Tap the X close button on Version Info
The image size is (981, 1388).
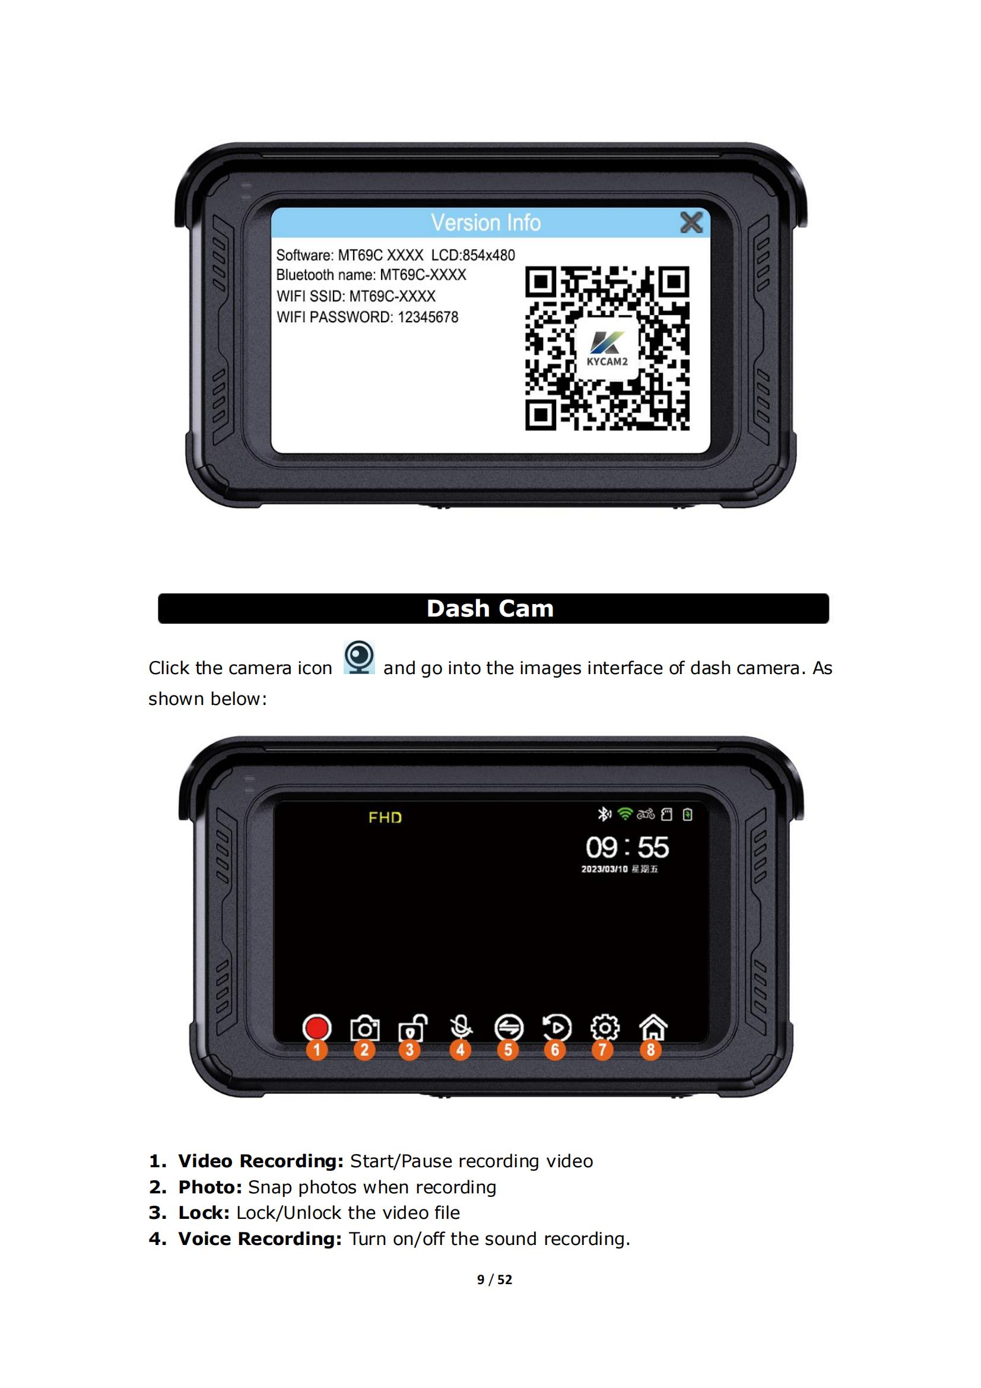(691, 223)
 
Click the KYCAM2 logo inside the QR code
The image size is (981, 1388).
(607, 348)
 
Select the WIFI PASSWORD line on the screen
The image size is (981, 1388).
(367, 317)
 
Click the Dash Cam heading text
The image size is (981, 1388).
(490, 608)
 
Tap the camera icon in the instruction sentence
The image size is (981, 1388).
(359, 657)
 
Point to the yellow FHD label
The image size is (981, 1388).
(385, 817)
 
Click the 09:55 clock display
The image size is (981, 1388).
(627, 847)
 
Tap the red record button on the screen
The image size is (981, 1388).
(317, 1028)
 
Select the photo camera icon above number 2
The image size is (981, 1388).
(364, 1028)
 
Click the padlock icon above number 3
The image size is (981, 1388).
(412, 1028)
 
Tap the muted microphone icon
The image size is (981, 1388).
(461, 1027)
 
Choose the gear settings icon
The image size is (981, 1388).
(604, 1028)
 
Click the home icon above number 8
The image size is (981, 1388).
(653, 1027)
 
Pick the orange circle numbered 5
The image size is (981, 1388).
(508, 1050)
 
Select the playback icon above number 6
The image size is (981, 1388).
(557, 1028)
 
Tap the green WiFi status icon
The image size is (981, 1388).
(625, 814)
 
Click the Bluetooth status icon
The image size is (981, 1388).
(604, 814)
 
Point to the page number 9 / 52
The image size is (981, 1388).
(494, 1279)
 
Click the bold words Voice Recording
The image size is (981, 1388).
(261, 1238)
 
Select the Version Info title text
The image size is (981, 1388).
(485, 223)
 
